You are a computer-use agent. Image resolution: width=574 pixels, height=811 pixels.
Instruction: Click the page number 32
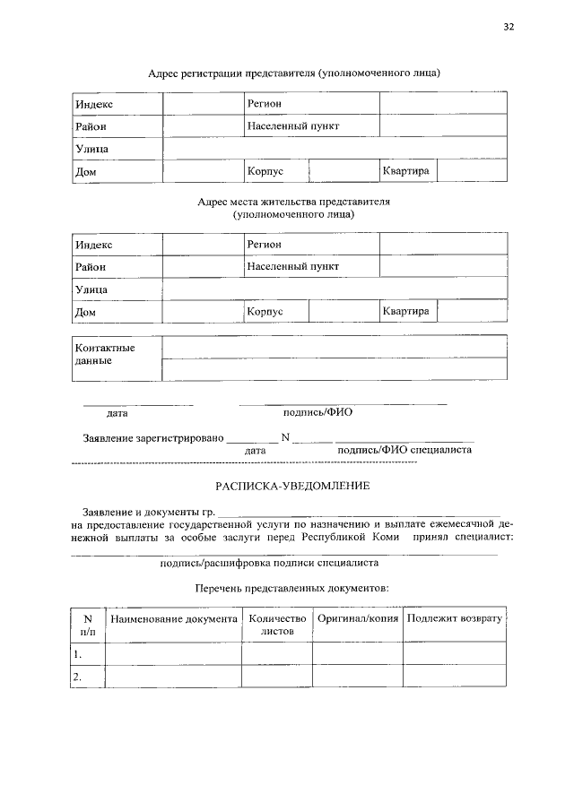(x=508, y=28)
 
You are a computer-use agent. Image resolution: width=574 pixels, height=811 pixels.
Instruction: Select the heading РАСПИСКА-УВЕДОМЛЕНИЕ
(x=286, y=486)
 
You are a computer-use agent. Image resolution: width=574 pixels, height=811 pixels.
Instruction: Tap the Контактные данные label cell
(x=105, y=354)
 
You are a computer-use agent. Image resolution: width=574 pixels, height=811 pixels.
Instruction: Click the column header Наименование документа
(x=174, y=619)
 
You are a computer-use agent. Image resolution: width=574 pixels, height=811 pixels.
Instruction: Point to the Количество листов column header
(x=277, y=625)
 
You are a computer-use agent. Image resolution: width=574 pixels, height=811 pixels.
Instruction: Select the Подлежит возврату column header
(x=454, y=619)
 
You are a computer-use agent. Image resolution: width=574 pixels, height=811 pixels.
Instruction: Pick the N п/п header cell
(x=88, y=625)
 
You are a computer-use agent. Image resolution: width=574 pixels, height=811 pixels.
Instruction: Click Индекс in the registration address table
(x=94, y=105)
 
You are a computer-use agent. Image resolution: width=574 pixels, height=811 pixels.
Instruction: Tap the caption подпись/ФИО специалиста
(x=404, y=450)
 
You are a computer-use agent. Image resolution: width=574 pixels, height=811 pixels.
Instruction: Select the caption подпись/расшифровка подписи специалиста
(x=269, y=564)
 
